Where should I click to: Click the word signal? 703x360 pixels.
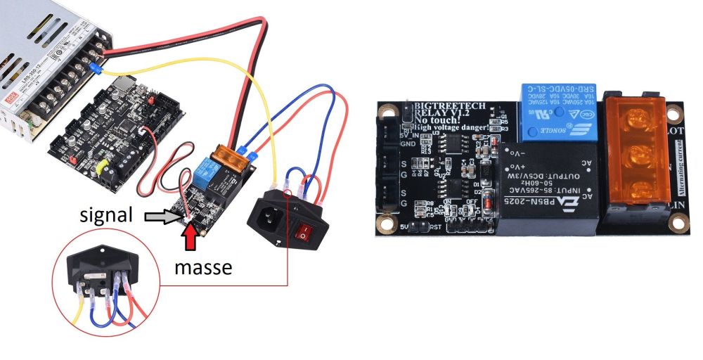[x=106, y=216]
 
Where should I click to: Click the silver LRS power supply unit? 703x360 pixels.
[x=42, y=63]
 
